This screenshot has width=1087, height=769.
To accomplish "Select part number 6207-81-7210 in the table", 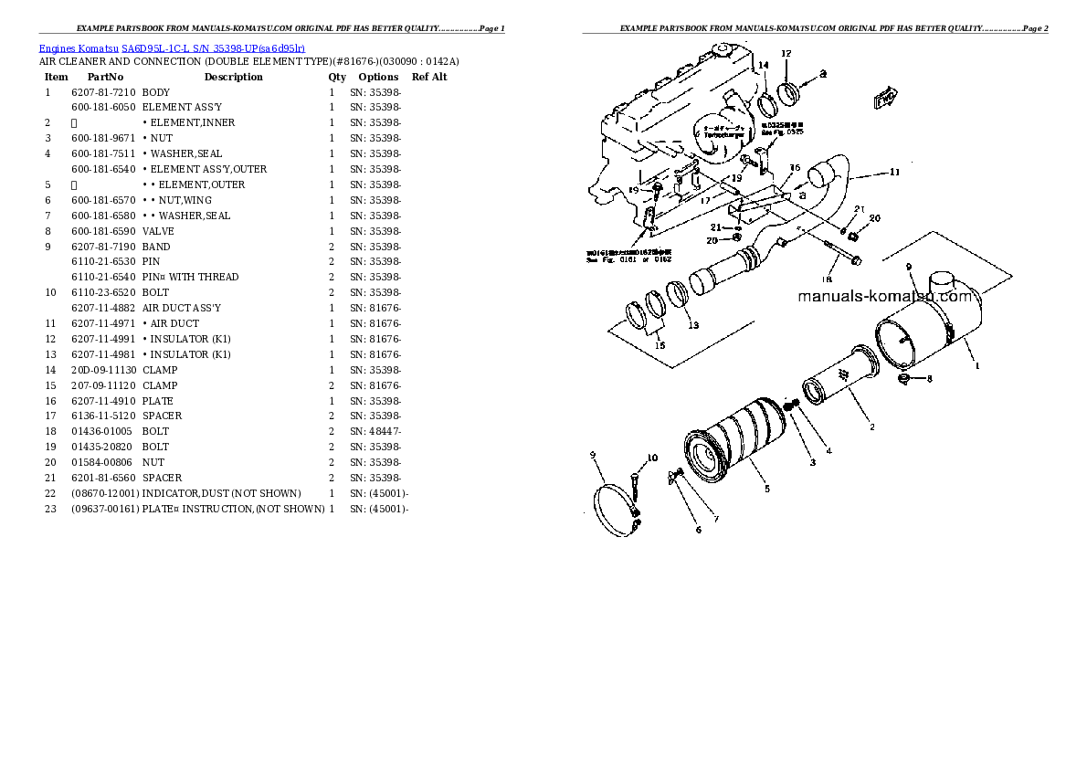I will pyautogui.click(x=102, y=92).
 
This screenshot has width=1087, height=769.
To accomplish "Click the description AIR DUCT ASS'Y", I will pyautogui.click(x=181, y=308).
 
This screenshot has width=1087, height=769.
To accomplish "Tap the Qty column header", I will pyautogui.click(x=337, y=77).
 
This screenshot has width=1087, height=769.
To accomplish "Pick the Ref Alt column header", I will pyautogui.click(x=429, y=77).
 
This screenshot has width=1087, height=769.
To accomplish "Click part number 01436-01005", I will pyautogui.click(x=100, y=431).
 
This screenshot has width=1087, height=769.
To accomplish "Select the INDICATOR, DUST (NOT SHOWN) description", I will pyautogui.click(x=221, y=493).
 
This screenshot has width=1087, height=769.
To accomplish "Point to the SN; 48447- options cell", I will pyautogui.click(x=375, y=431).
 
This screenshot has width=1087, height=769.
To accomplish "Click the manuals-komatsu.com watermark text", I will pyautogui.click(x=884, y=296).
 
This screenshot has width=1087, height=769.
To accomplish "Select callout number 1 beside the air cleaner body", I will pyautogui.click(x=976, y=366).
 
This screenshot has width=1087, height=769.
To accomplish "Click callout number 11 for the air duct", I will pyautogui.click(x=894, y=172).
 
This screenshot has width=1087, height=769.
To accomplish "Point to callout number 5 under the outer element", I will pyautogui.click(x=766, y=490).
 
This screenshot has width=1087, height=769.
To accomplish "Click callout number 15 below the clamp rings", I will pyautogui.click(x=660, y=344).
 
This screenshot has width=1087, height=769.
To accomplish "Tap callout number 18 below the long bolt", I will pyautogui.click(x=826, y=279).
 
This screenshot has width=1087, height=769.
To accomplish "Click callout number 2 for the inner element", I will pyautogui.click(x=871, y=427).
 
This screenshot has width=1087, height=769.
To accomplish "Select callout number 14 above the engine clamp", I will pyautogui.click(x=764, y=65).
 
